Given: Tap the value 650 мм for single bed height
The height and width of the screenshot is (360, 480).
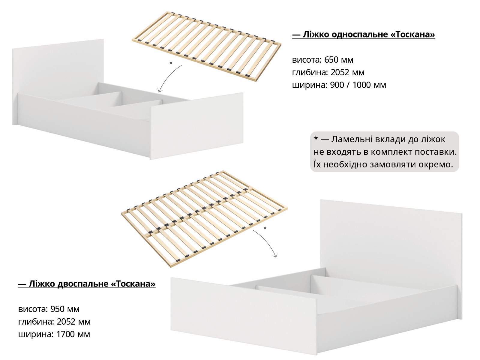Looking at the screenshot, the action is [339, 60].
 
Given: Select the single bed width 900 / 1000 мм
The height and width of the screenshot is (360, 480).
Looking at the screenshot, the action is [358, 85].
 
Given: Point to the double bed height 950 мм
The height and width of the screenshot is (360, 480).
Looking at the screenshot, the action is [65, 309].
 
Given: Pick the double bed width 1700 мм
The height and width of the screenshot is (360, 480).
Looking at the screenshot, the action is [73, 334].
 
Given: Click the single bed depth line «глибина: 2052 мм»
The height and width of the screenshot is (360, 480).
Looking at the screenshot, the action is [328, 72].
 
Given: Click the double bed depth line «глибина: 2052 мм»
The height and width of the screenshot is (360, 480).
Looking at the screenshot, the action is [54, 322].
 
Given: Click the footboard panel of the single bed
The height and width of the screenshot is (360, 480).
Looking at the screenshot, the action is [197, 126].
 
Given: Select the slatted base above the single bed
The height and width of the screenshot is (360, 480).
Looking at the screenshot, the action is [206, 46].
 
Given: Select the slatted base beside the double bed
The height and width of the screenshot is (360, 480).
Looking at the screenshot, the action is [204, 219].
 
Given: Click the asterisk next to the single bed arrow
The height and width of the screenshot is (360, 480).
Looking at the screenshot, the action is [171, 63].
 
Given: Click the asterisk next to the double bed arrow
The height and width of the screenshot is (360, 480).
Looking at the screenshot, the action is [265, 228].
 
